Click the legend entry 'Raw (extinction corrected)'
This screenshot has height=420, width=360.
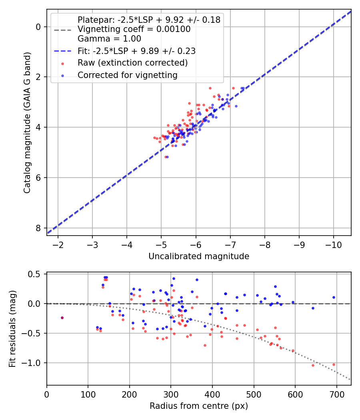[132, 63]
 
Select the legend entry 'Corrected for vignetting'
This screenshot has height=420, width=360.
[128, 75]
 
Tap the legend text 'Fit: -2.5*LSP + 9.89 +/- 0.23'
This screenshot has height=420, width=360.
[136, 51]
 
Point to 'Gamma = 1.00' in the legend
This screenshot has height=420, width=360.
[109, 39]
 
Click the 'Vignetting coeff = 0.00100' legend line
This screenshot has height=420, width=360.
[134, 29]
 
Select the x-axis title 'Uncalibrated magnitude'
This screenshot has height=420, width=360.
[199, 256]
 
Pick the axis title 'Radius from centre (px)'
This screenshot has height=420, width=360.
[199, 406]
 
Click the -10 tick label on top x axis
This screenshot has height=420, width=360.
[334, 244]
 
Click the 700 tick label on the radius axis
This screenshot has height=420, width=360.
[336, 393]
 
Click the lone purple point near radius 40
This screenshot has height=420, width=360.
[62, 318]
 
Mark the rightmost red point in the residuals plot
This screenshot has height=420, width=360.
[334, 364]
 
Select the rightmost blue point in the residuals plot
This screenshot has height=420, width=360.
[334, 297]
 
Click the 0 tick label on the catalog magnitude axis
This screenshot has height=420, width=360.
[39, 27]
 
